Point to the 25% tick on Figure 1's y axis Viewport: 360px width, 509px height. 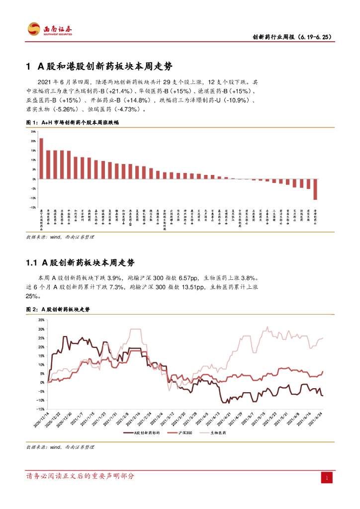pos(33,132)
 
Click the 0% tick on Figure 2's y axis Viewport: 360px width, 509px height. pos(42,383)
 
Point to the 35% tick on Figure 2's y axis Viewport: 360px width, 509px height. pos(41,321)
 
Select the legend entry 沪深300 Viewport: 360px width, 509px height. pos(185,433)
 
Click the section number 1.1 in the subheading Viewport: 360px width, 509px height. pos(31,262)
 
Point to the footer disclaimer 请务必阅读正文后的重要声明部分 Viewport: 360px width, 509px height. pos(80,476)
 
